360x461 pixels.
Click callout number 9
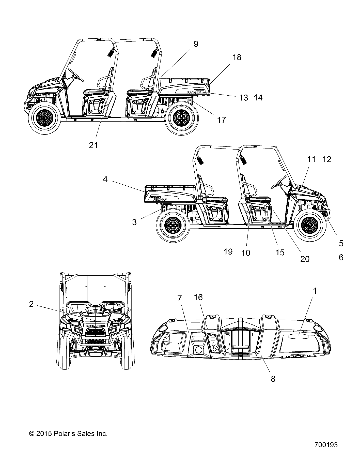tap(196, 44)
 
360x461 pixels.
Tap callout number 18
tap(237, 57)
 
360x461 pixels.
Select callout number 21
tap(93, 145)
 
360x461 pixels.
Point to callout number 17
tap(222, 120)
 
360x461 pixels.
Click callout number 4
tap(105, 179)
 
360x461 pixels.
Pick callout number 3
tap(134, 222)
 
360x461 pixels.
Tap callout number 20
tap(305, 259)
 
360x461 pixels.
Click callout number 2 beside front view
tap(31, 304)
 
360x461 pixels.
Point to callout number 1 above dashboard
tap(315, 291)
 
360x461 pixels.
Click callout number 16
tap(198, 297)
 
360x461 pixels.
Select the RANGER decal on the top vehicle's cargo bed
tap(194, 92)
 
